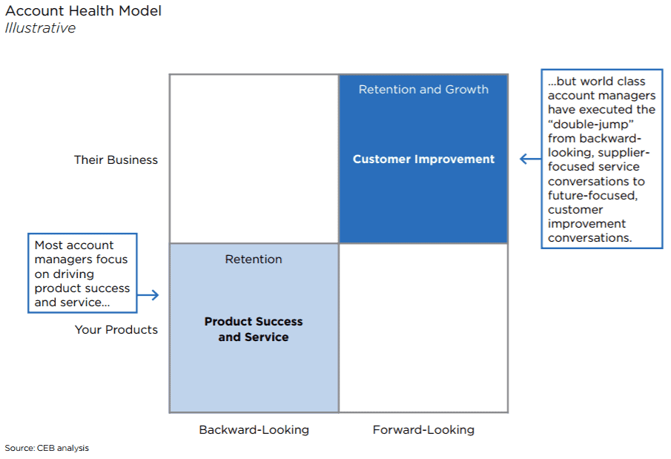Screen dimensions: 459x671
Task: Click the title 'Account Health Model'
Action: [83, 11]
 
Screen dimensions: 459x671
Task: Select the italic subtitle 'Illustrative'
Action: [40, 28]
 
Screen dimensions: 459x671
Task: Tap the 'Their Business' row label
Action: [116, 159]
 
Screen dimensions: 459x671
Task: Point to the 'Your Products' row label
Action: [116, 329]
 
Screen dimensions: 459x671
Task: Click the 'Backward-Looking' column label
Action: [254, 430]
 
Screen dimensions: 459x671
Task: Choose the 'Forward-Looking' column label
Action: [423, 430]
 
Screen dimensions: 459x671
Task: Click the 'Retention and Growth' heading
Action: [423, 90]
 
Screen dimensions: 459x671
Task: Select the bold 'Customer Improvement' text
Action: [423, 159]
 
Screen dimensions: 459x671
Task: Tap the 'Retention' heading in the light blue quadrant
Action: [254, 260]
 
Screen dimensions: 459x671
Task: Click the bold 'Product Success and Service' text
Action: [254, 329]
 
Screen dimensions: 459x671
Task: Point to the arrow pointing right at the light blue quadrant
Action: [149, 295]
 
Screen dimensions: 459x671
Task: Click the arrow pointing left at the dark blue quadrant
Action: [529, 159]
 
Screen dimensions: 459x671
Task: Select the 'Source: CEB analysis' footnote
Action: [47, 448]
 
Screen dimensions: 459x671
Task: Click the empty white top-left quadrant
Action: [254, 159]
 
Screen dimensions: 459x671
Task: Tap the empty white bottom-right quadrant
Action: [423, 328]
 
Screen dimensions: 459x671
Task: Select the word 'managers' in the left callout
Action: [59, 260]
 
